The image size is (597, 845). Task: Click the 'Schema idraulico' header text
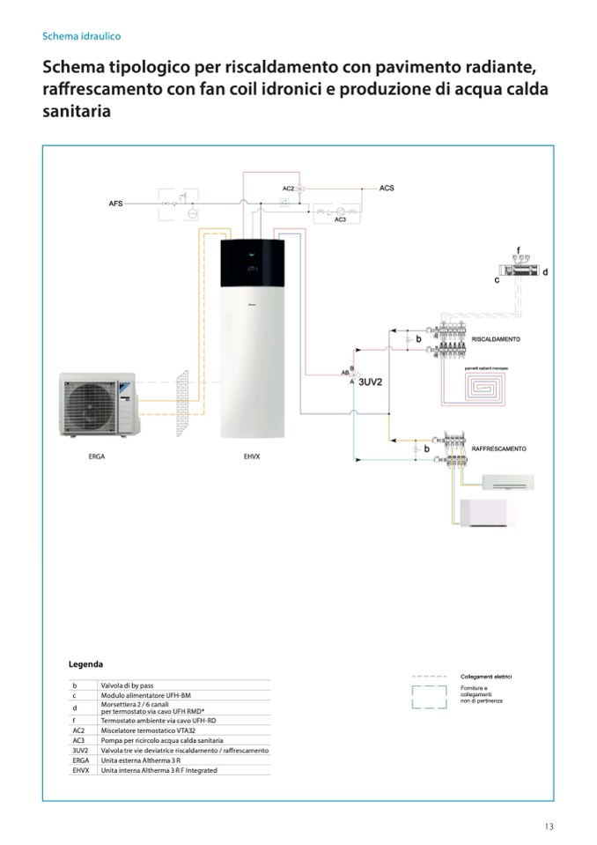[81, 37]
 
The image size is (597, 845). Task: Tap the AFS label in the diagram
[115, 204]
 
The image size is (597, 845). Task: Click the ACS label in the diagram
[387, 189]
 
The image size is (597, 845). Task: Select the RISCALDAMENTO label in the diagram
[496, 338]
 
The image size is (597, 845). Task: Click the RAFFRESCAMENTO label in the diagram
[499, 448]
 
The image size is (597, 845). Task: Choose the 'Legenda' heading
[86, 663]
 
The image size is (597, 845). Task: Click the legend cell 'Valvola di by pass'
[129, 685]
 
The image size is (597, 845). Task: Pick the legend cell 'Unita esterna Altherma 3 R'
[141, 760]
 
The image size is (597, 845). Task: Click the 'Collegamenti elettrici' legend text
[486, 677]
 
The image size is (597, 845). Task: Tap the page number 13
[549, 826]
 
